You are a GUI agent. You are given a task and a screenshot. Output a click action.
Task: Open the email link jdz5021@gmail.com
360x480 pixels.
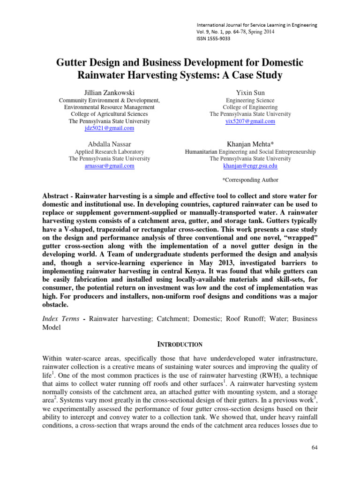click(x=109, y=128)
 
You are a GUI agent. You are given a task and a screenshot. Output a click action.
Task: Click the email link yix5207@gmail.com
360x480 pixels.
click(x=250, y=121)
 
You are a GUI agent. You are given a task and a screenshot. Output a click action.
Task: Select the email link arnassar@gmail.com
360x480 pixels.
click(x=109, y=165)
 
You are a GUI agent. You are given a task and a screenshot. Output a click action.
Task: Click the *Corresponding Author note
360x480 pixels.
click(x=250, y=180)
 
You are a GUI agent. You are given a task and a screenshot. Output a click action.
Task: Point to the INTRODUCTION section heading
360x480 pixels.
click(x=180, y=344)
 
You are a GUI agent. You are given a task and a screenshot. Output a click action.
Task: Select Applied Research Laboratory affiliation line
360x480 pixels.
click(x=109, y=151)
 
